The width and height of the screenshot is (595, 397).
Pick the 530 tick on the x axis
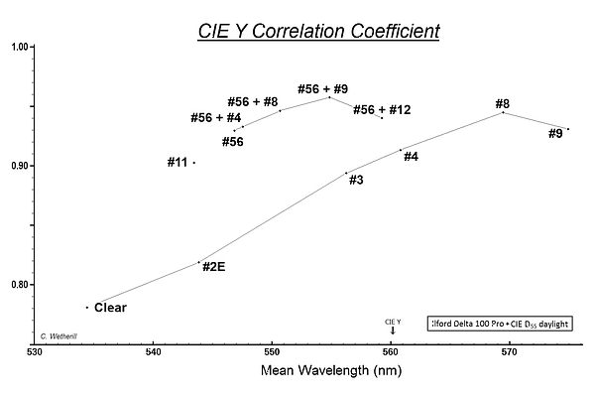tap(35, 351)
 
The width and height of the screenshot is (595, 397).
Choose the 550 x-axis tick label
tap(273, 351)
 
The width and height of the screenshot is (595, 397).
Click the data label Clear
tap(110, 308)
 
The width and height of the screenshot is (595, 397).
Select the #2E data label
tap(214, 266)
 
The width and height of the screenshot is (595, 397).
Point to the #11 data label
tap(178, 162)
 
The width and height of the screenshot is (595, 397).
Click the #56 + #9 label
tap(323, 88)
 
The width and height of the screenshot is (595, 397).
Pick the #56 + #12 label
tap(382, 110)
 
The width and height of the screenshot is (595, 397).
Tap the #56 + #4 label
tap(215, 118)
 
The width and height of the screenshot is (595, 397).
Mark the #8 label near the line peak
tap(502, 103)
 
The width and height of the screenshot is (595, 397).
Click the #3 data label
tap(356, 181)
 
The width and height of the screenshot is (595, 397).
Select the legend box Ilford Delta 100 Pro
tap(503, 324)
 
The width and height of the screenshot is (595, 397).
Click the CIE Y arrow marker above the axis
tap(393, 327)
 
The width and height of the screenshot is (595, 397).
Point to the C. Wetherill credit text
tap(60, 336)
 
